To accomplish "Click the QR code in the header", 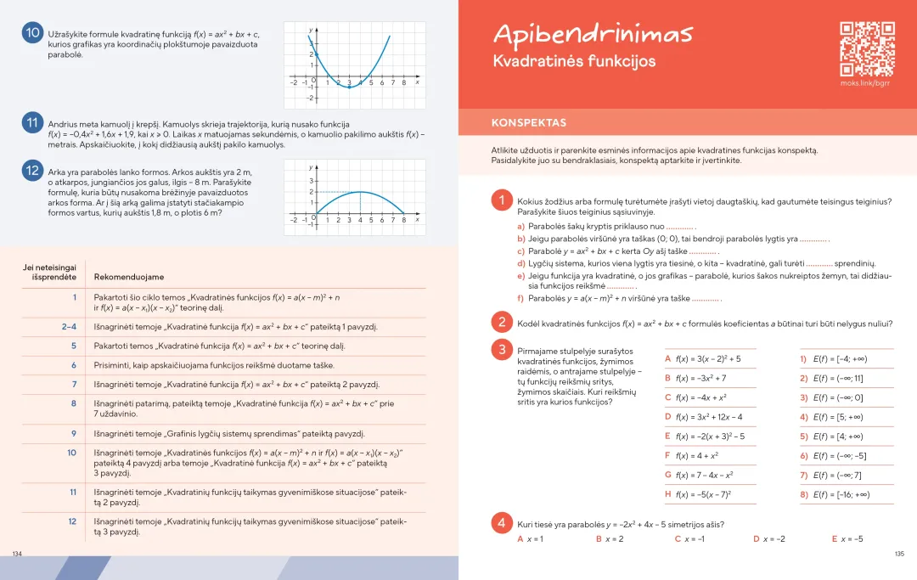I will point(867,48).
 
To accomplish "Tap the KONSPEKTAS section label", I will point(529,123).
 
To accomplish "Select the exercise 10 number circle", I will point(33,33).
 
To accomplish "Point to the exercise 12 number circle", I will point(33,170).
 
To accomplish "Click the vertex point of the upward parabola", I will point(349,87).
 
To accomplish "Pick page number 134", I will point(16,553).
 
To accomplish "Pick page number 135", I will point(899,554).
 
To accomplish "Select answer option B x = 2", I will point(610,539).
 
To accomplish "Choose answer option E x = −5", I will point(847,539).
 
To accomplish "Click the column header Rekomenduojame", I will point(129,277).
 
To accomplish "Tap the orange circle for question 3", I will point(502,349).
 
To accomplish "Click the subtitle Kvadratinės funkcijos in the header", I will point(574,62).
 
